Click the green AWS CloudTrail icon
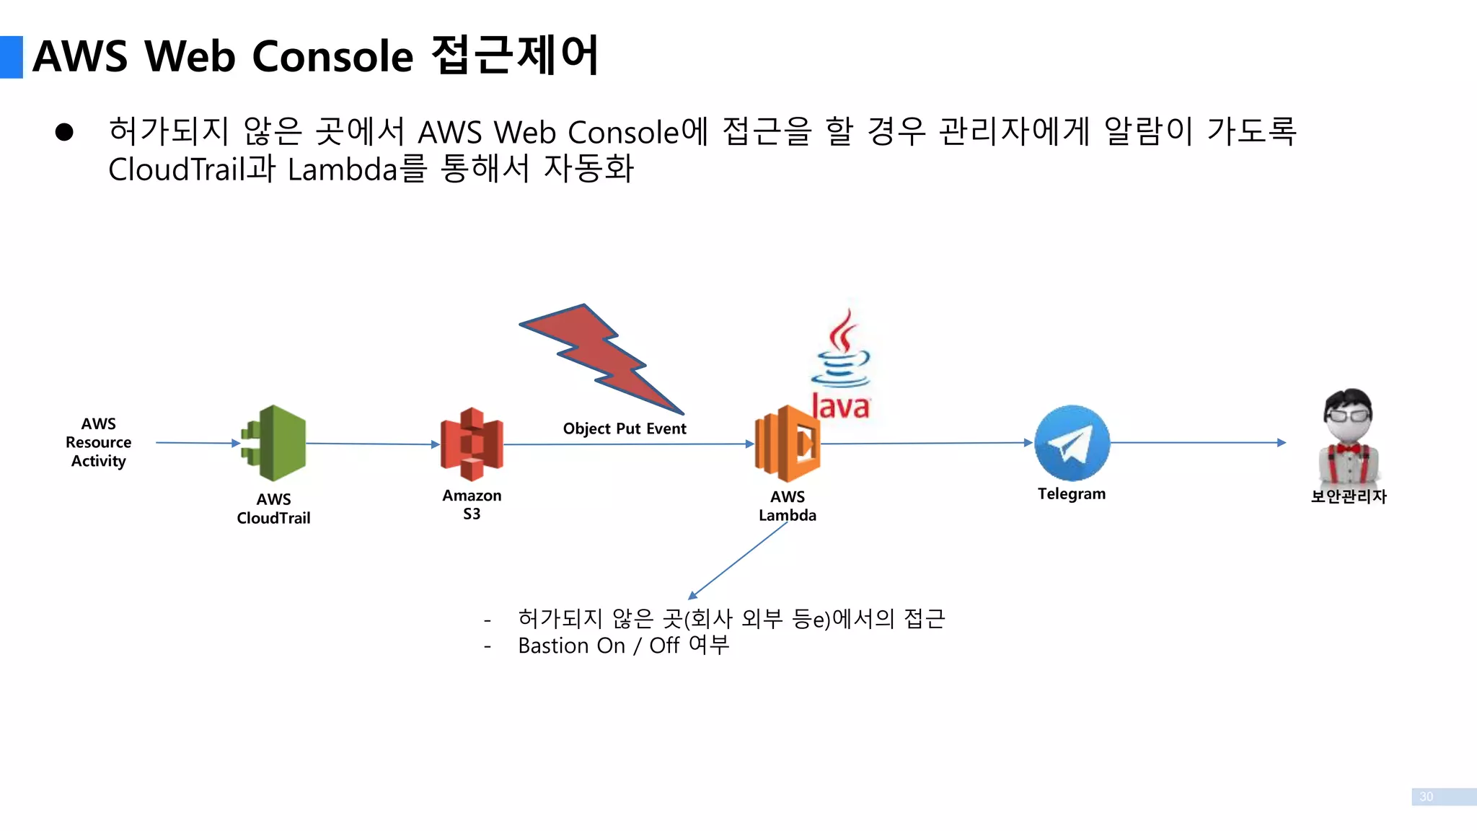275,443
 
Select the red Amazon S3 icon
472,444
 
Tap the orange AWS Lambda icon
788,444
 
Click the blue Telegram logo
1072,443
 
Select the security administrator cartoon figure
1349,437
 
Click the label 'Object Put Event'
625,428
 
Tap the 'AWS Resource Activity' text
99,442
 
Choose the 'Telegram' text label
1072,494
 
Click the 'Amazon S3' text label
472,504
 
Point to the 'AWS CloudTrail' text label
273,509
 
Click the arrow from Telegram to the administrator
1197,442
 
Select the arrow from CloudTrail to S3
372,444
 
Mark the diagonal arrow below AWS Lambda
737,560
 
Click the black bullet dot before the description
64,132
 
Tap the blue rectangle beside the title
12,57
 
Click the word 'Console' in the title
332,56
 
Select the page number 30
1426,796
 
